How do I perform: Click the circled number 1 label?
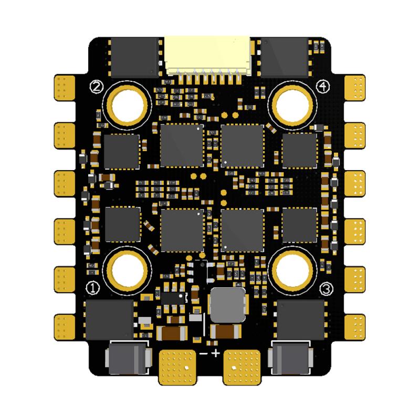(x=92, y=288)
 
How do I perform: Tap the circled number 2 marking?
(x=96, y=86)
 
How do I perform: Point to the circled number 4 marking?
(x=323, y=86)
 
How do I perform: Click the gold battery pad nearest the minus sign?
(x=176, y=365)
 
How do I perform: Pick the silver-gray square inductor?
(x=227, y=304)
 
